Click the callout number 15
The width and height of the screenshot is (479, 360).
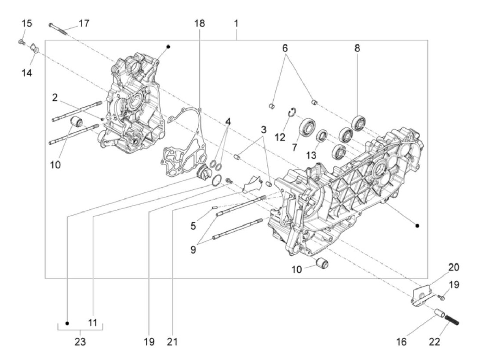[27, 24]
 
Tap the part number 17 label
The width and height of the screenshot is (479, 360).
[84, 24]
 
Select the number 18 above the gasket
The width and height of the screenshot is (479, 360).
[199, 24]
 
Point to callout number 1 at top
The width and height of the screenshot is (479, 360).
[236, 24]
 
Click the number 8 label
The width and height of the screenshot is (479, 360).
[357, 48]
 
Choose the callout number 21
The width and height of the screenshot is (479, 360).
[172, 341]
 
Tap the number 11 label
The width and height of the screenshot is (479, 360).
[93, 322]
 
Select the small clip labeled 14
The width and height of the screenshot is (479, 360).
[35, 49]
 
